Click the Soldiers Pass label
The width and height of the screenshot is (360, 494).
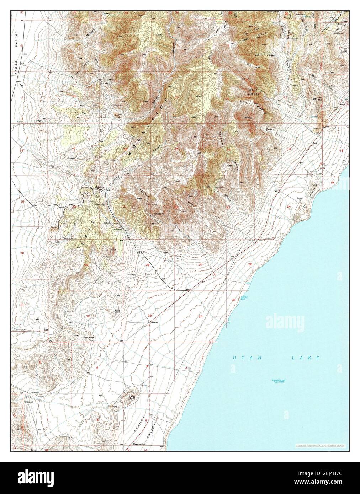pyautogui.click(x=97, y=188)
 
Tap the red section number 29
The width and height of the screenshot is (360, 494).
pyautogui.click(x=86, y=265)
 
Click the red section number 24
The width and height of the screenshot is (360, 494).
pyautogui.click(x=289, y=206)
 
